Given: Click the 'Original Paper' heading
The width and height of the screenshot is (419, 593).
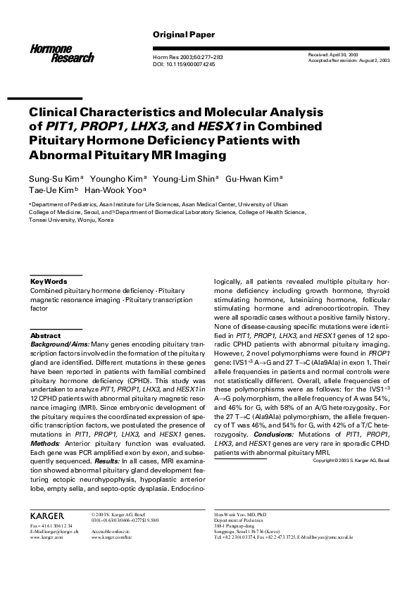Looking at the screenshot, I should pyautogui.click(x=184, y=35).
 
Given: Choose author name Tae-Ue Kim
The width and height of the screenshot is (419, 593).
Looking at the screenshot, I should pyautogui.click(x=50, y=189).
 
